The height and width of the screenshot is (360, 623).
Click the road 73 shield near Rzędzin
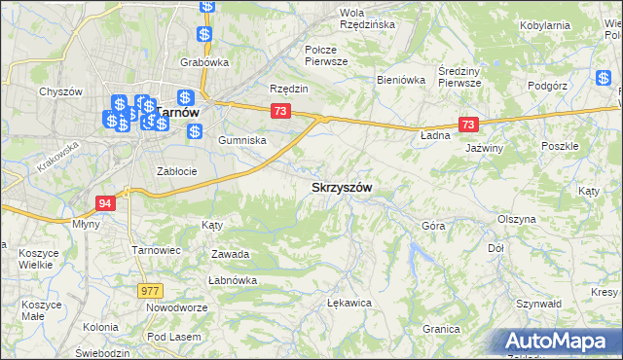click(280, 112)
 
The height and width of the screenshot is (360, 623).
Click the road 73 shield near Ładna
click(469, 125)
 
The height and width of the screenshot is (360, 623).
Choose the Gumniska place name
click(242, 140)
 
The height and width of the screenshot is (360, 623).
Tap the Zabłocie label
click(177, 171)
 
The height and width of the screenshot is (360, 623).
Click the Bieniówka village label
click(402, 81)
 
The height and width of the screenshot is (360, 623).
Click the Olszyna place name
click(517, 220)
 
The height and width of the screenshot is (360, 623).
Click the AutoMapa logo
click(557, 342)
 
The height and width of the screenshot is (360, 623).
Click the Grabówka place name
click(203, 62)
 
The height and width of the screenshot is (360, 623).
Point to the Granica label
click(441, 329)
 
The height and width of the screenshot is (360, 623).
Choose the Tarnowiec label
click(158, 250)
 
